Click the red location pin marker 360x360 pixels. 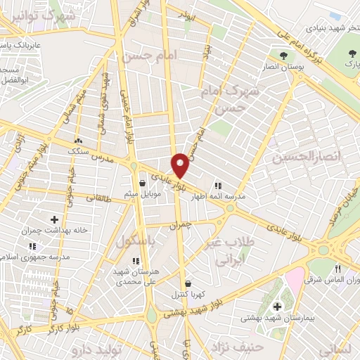[181, 166]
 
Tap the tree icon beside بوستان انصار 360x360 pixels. [284, 56]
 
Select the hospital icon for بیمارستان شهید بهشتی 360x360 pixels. [277, 306]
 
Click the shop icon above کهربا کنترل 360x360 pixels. [187, 284]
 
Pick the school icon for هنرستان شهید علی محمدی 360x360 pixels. [135, 261]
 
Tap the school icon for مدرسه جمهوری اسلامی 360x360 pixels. [31, 247]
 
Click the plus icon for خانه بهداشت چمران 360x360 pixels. [54, 220]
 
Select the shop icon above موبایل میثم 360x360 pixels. [143, 184]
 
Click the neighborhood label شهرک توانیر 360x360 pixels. [49, 15]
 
